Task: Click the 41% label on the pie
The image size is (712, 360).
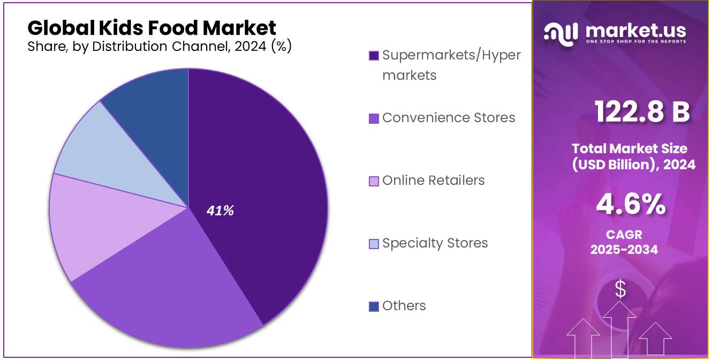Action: [x=220, y=211]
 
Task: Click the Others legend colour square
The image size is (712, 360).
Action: [x=374, y=306]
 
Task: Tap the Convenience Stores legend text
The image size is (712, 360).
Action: [x=449, y=118]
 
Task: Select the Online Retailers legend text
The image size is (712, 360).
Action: [x=433, y=181]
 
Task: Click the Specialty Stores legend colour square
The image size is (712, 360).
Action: [x=374, y=244]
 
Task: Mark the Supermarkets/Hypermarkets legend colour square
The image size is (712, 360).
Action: [x=374, y=56]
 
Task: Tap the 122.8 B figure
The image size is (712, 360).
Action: [x=642, y=112]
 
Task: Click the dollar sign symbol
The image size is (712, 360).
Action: [x=620, y=289]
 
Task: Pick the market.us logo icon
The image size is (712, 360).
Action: [x=561, y=33]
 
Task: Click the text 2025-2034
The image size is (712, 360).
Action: [x=624, y=249]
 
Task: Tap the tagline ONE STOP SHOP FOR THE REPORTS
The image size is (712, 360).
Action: [x=635, y=41]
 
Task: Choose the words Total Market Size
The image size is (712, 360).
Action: [x=629, y=148]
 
